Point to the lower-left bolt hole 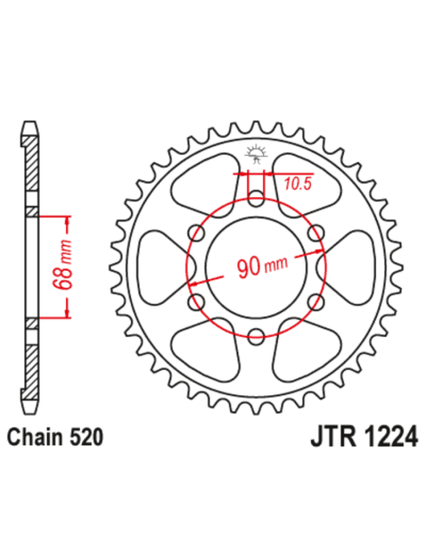point(198,300)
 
